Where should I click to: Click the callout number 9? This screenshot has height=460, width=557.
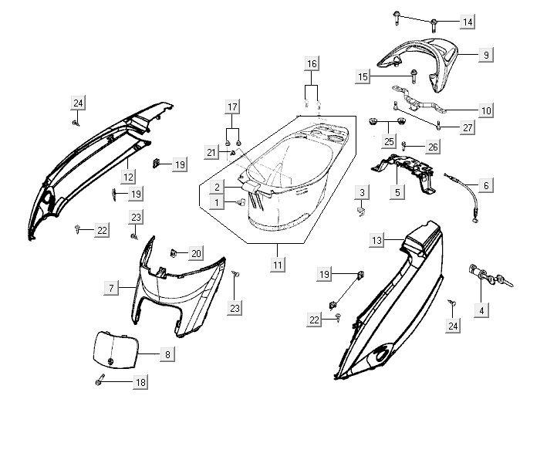[486, 55]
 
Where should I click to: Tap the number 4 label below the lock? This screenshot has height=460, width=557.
[482, 310]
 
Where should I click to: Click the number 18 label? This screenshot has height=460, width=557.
[140, 382]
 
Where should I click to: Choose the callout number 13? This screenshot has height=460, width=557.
[376, 242]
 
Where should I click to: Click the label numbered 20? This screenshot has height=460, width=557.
[196, 253]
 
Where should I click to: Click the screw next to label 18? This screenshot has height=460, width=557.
[101, 381]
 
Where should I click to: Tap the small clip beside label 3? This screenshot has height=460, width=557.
[360, 208]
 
